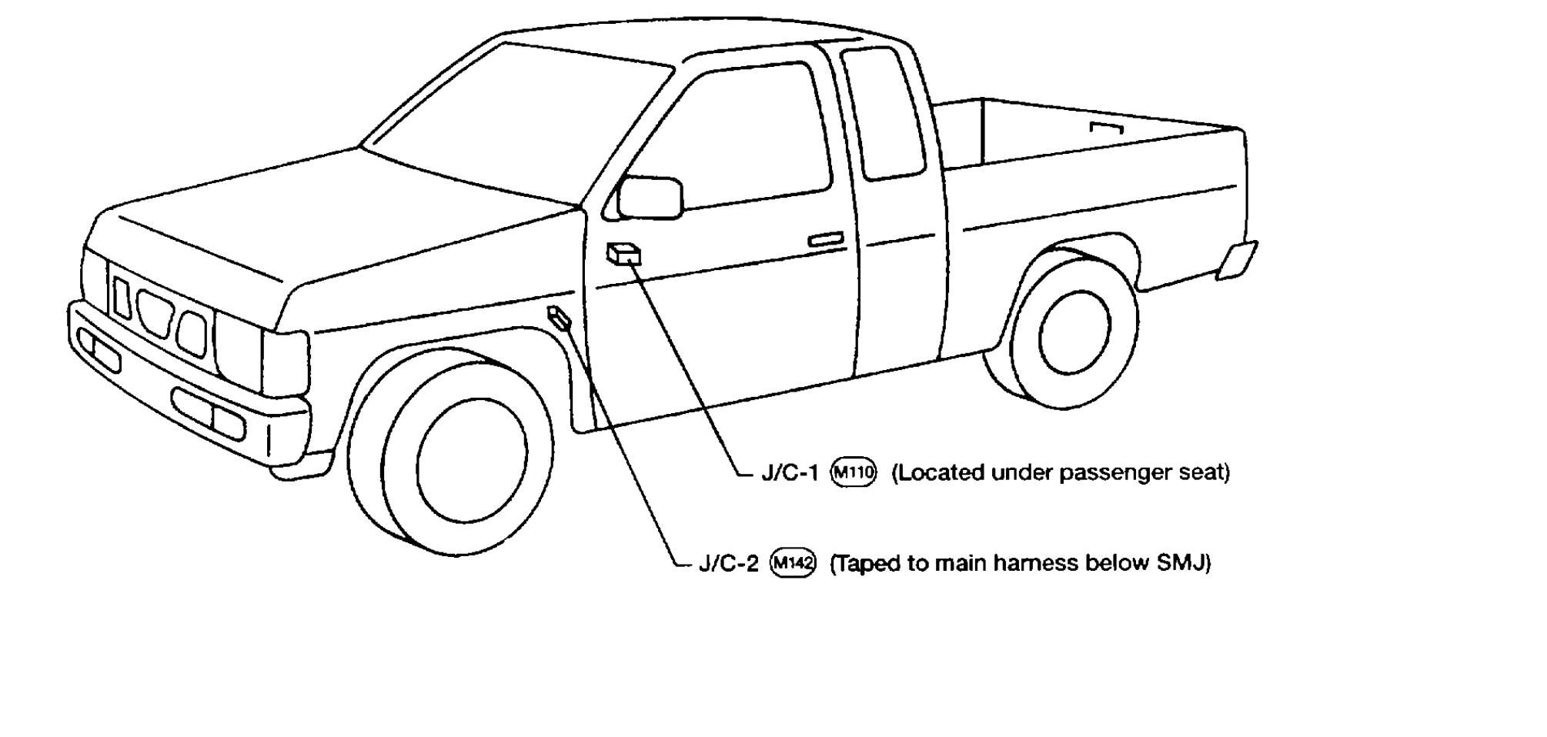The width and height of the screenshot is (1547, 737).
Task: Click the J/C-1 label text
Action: [x=790, y=472]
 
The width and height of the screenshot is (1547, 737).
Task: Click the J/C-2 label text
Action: [x=728, y=564]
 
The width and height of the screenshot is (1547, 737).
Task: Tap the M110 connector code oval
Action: [x=854, y=472]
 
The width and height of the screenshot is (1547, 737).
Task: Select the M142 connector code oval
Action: [x=793, y=564]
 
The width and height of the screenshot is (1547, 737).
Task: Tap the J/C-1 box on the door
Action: [x=624, y=254]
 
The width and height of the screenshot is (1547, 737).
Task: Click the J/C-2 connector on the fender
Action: [x=559, y=317]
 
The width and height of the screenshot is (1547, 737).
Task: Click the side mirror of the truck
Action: [x=650, y=198]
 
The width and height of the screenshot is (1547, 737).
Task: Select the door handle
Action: [x=825, y=239]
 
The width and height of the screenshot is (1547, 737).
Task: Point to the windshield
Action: [x=516, y=115]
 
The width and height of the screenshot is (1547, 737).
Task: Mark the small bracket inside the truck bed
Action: [x=1107, y=127]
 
